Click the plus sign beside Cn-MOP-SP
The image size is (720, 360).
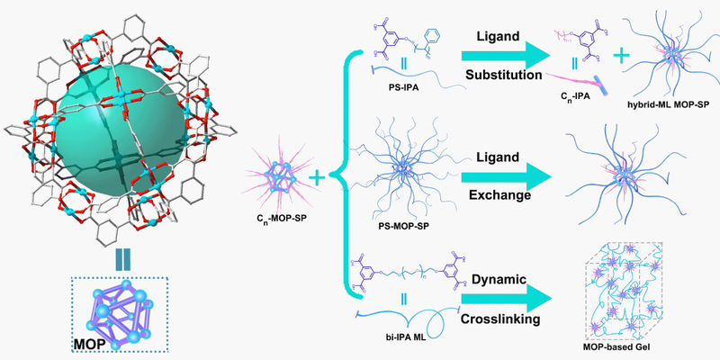[318, 179]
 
